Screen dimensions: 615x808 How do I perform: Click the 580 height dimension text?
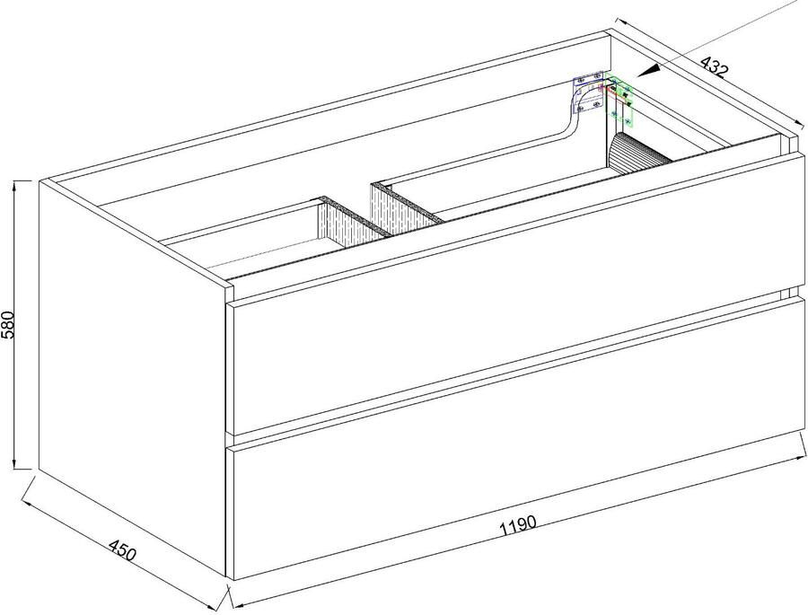tap(10, 324)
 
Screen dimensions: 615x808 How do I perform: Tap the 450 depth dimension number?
tap(123, 550)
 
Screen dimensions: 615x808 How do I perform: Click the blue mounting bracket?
tap(589, 92)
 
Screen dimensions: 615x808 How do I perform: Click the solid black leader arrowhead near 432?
tap(650, 68)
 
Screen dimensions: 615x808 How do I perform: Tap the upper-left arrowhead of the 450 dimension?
tap(27, 483)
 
